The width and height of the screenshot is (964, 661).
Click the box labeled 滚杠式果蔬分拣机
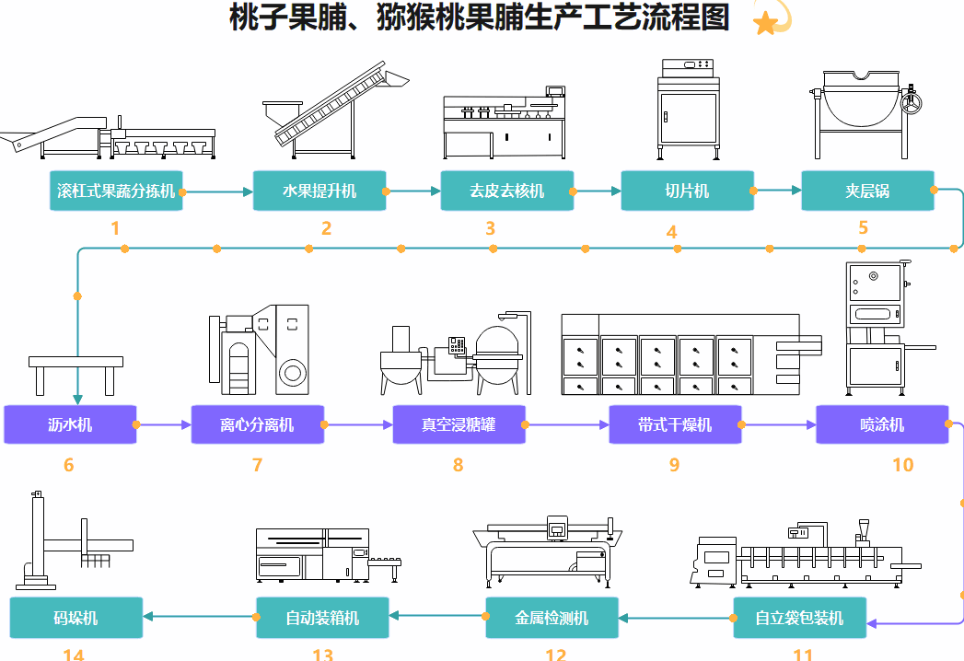(116, 191)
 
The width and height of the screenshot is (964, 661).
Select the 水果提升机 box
(319, 191)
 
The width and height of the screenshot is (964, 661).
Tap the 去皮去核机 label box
(506, 191)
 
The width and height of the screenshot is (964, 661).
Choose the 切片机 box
(687, 191)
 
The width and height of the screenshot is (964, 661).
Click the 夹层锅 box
(867, 191)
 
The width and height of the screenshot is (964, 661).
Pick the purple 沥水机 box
(70, 424)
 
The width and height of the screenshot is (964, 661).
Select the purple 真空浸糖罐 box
(459, 424)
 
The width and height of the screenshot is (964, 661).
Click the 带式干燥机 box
(675, 424)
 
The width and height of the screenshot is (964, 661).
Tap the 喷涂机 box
(882, 424)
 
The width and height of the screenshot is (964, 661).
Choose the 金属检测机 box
(552, 618)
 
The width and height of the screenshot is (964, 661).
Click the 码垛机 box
(75, 618)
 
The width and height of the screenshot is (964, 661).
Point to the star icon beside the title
(767, 21)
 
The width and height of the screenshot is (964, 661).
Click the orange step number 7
(257, 465)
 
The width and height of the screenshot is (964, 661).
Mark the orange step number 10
(902, 465)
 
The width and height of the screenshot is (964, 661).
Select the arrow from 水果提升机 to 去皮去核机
(412, 191)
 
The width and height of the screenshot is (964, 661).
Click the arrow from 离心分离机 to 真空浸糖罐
(358, 425)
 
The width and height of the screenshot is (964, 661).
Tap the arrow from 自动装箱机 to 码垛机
(199, 617)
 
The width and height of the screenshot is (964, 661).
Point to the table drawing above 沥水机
(75, 374)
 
